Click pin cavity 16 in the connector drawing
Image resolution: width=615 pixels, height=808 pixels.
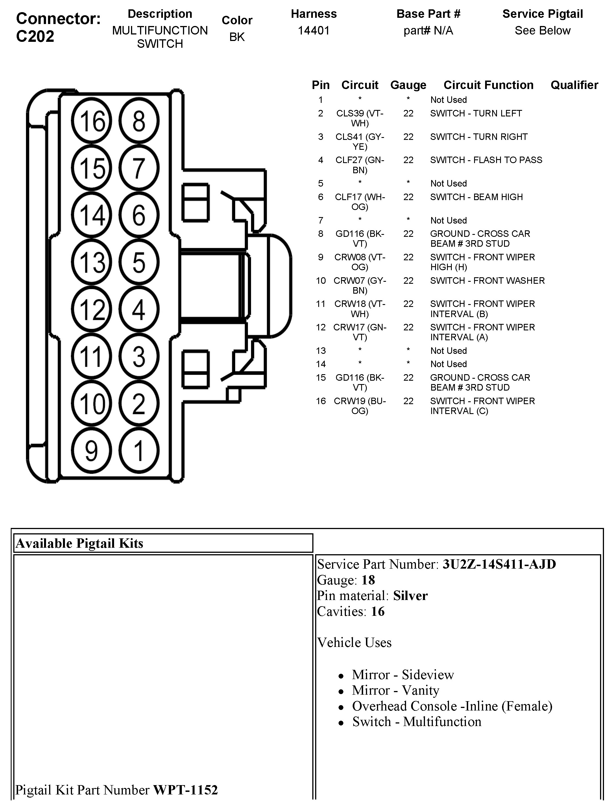[91, 121]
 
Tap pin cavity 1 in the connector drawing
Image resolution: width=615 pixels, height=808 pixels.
[139, 450]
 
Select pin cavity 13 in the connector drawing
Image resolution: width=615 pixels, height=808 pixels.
[91, 262]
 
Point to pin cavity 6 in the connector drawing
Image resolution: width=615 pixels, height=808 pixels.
[139, 215]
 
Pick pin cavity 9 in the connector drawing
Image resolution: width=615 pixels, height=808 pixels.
[91, 450]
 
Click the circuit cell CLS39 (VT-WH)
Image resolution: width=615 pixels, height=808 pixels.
[360, 118]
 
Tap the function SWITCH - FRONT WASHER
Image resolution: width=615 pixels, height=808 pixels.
[487, 280]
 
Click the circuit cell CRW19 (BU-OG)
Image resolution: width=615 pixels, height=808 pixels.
[360, 406]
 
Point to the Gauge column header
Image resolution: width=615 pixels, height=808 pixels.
[408, 85]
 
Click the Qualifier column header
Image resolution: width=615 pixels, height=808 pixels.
[574, 85]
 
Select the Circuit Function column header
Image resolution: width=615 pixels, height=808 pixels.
[488, 85]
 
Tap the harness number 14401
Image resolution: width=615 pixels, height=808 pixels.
[314, 31]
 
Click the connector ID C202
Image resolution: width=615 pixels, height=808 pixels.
[35, 36]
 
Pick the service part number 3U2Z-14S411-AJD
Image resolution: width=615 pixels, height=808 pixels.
[499, 564]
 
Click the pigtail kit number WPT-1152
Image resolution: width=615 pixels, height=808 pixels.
[185, 790]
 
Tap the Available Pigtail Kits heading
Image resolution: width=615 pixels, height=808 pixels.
[79, 543]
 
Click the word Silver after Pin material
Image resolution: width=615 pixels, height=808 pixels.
[410, 595]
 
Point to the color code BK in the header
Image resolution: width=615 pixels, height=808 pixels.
[237, 37]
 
